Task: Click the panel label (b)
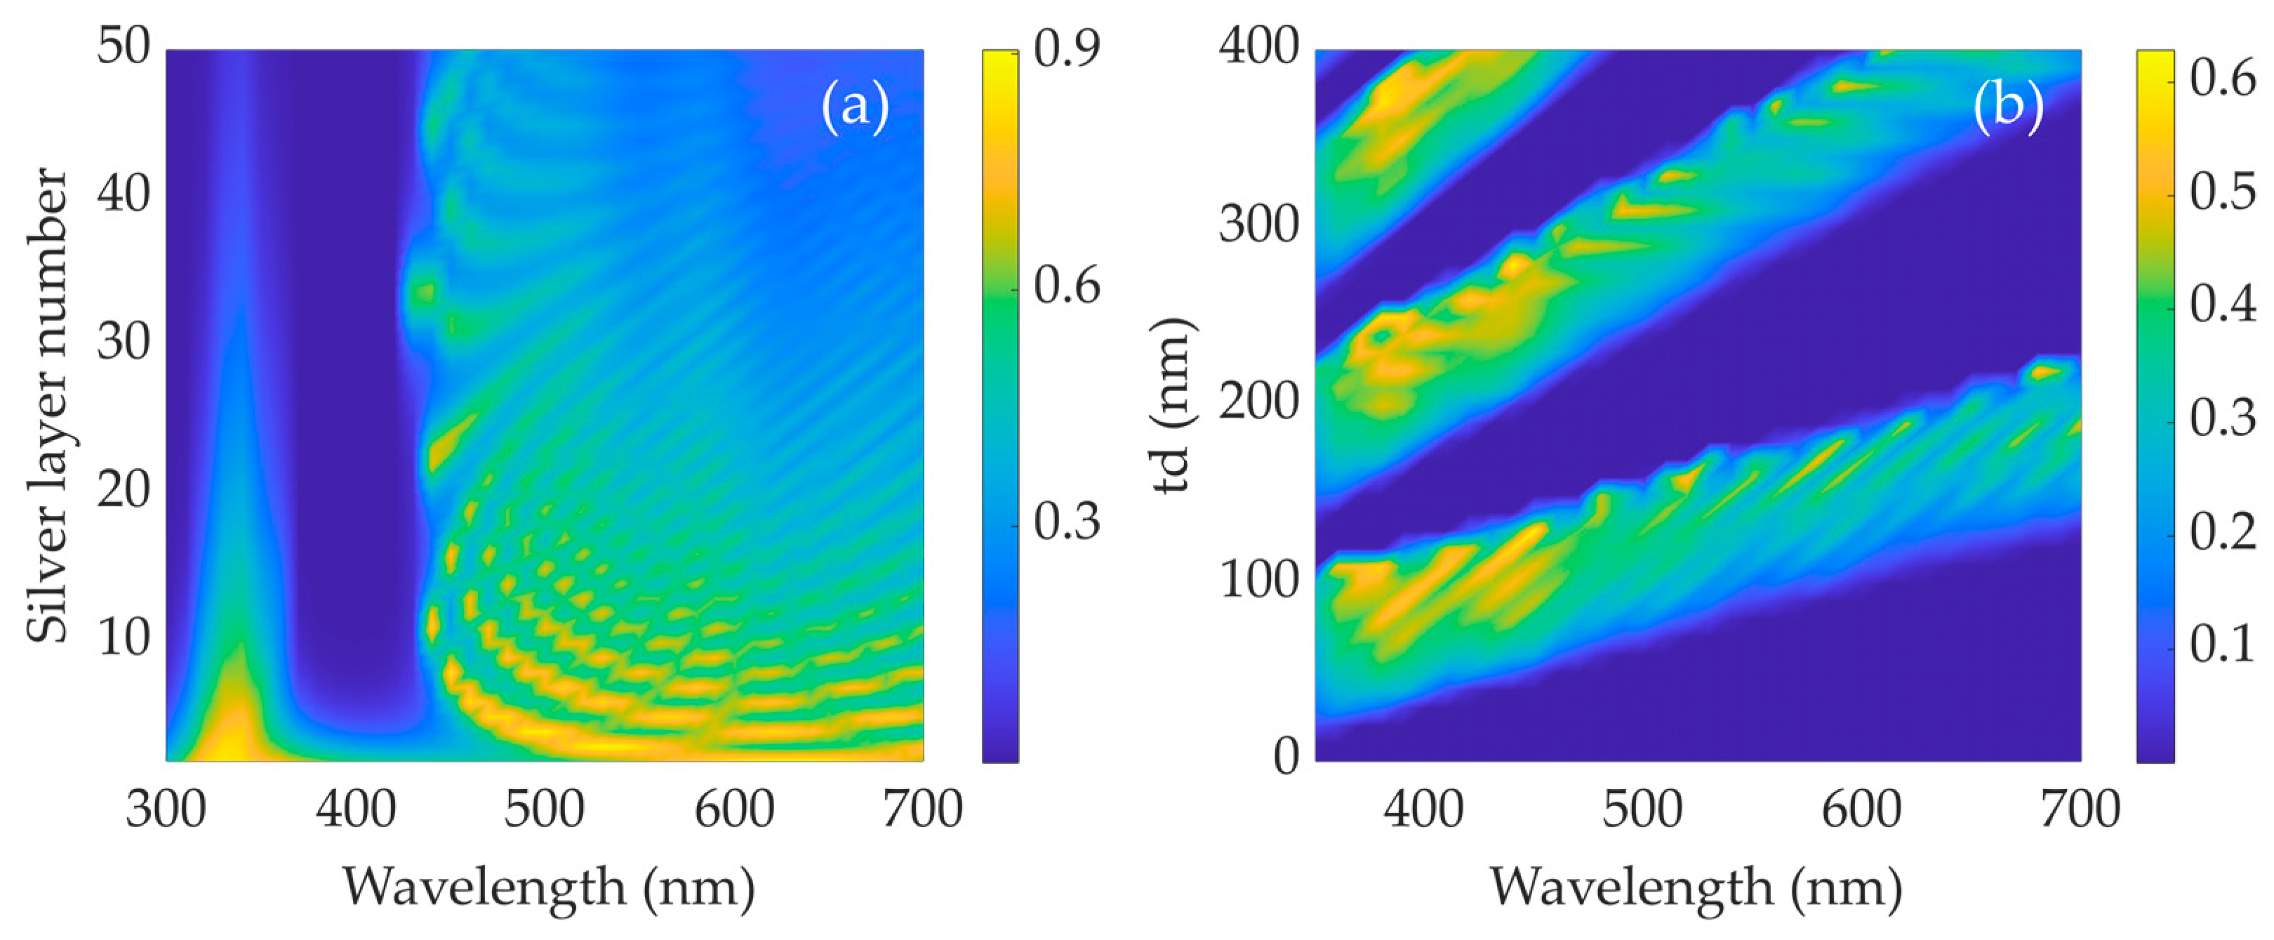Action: pos(2008,107)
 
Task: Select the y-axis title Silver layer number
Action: pos(46,406)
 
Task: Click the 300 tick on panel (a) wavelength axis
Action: pos(166,809)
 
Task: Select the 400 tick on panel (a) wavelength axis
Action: pos(356,809)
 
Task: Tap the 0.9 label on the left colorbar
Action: pos(1066,48)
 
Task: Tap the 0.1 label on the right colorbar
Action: pos(2222,645)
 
